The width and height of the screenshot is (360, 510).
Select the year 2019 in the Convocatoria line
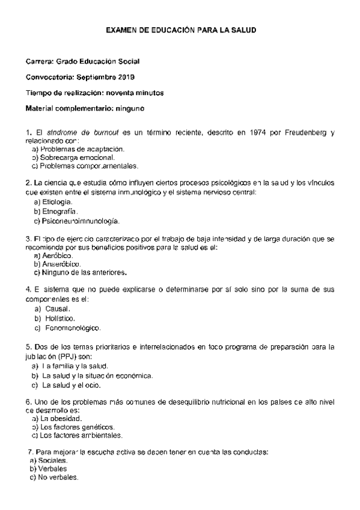(126, 77)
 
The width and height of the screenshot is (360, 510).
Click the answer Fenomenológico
(73, 328)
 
